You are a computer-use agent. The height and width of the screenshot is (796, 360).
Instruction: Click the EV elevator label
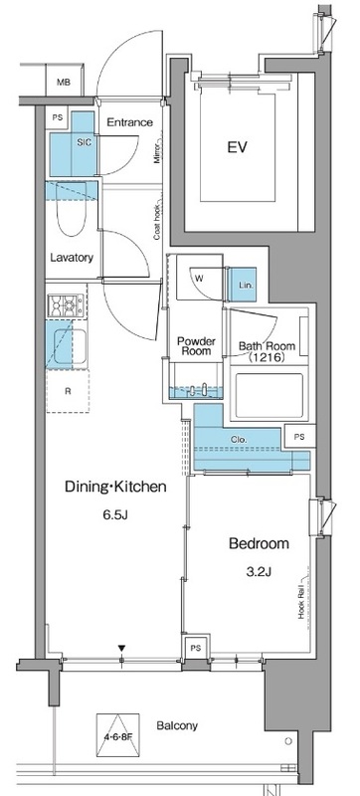(237, 147)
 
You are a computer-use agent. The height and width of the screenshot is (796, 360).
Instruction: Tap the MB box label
(64, 83)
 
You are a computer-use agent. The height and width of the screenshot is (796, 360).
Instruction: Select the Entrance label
(130, 122)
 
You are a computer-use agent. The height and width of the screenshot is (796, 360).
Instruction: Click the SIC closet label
(85, 143)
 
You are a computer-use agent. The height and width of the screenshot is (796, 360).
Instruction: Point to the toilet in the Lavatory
(72, 209)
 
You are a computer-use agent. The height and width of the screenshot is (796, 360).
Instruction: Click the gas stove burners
(66, 306)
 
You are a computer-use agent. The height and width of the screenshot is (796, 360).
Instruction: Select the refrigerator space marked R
(68, 391)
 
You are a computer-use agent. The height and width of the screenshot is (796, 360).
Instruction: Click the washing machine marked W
(199, 278)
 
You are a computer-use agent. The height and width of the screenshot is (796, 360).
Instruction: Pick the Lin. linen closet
(243, 285)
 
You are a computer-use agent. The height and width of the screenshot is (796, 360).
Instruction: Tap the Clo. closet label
(239, 440)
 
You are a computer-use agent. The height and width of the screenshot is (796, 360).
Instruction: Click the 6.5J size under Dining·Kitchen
(115, 515)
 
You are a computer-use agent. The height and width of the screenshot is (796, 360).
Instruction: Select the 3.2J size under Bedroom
(259, 572)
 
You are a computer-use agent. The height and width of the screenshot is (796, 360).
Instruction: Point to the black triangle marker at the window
(121, 649)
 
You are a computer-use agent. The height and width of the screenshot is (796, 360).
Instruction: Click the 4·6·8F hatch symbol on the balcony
(117, 735)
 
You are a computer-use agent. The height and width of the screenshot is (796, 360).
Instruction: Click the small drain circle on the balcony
(288, 741)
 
